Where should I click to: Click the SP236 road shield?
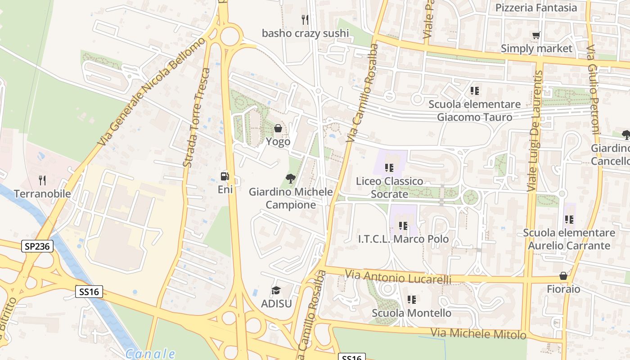click(37, 246)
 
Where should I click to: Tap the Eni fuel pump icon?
click(225, 176)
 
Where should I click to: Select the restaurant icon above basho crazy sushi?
click(305, 19)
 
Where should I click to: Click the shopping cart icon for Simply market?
click(536, 35)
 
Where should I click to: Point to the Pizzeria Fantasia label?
click(536, 8)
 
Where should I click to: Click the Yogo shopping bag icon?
click(278, 128)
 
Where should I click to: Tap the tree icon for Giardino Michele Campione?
click(291, 179)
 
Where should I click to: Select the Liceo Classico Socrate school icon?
click(389, 168)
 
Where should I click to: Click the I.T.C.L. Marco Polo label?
click(403, 239)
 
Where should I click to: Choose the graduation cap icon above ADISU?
click(276, 290)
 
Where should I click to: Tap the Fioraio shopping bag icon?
click(563, 276)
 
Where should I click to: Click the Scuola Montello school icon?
click(411, 299)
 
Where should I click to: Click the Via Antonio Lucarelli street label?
click(398, 277)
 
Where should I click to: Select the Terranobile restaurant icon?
click(42, 180)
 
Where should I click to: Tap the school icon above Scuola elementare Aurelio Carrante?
click(569, 220)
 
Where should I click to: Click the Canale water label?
click(150, 354)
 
